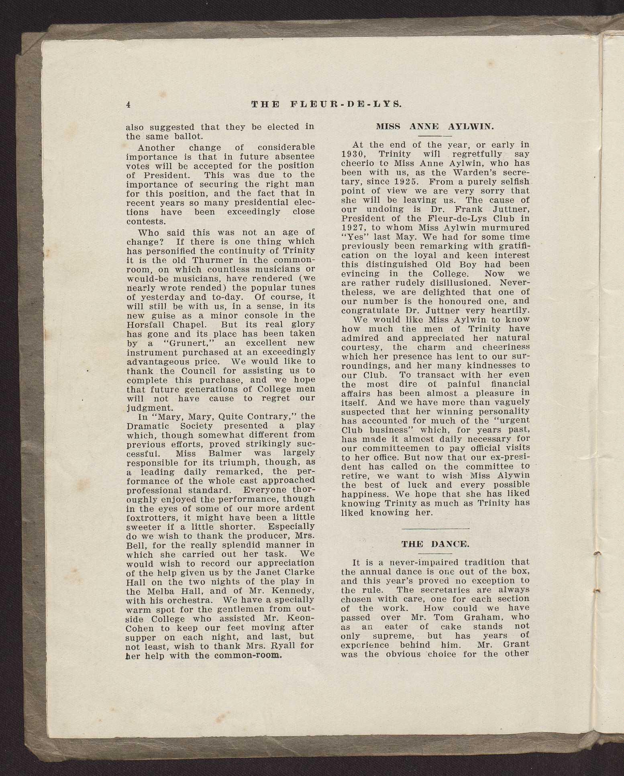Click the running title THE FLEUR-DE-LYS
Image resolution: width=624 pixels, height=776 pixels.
point(326,104)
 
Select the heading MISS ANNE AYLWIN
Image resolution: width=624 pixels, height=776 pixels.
point(435,126)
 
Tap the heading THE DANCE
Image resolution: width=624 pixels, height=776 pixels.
point(435,544)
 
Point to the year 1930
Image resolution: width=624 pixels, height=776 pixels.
point(353,154)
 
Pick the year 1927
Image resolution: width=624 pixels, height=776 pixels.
point(353,228)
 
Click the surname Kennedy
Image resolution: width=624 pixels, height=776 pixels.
point(295,591)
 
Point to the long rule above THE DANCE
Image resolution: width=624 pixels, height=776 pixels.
point(435,529)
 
